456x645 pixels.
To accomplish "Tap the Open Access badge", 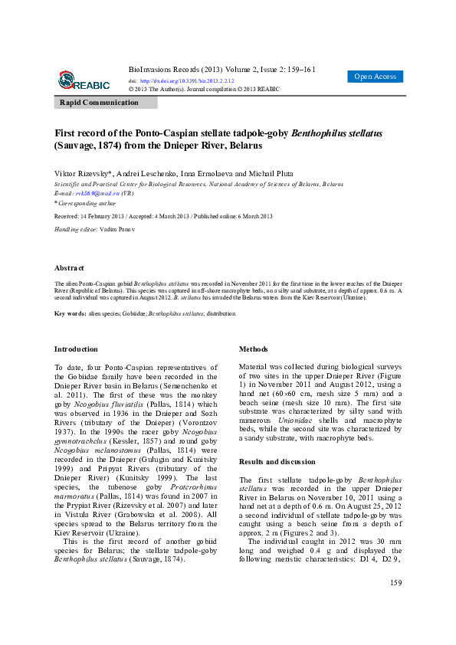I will [x=376, y=77].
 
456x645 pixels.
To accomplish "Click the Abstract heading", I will [x=69, y=268].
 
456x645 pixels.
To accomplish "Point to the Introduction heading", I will [x=77, y=349].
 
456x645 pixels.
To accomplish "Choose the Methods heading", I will [x=254, y=349].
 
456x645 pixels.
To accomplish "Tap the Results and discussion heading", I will [x=277, y=462].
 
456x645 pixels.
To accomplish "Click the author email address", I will [x=95, y=194].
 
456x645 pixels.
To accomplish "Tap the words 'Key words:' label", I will [x=70, y=314].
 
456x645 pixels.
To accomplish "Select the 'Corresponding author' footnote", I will [x=87, y=203].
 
